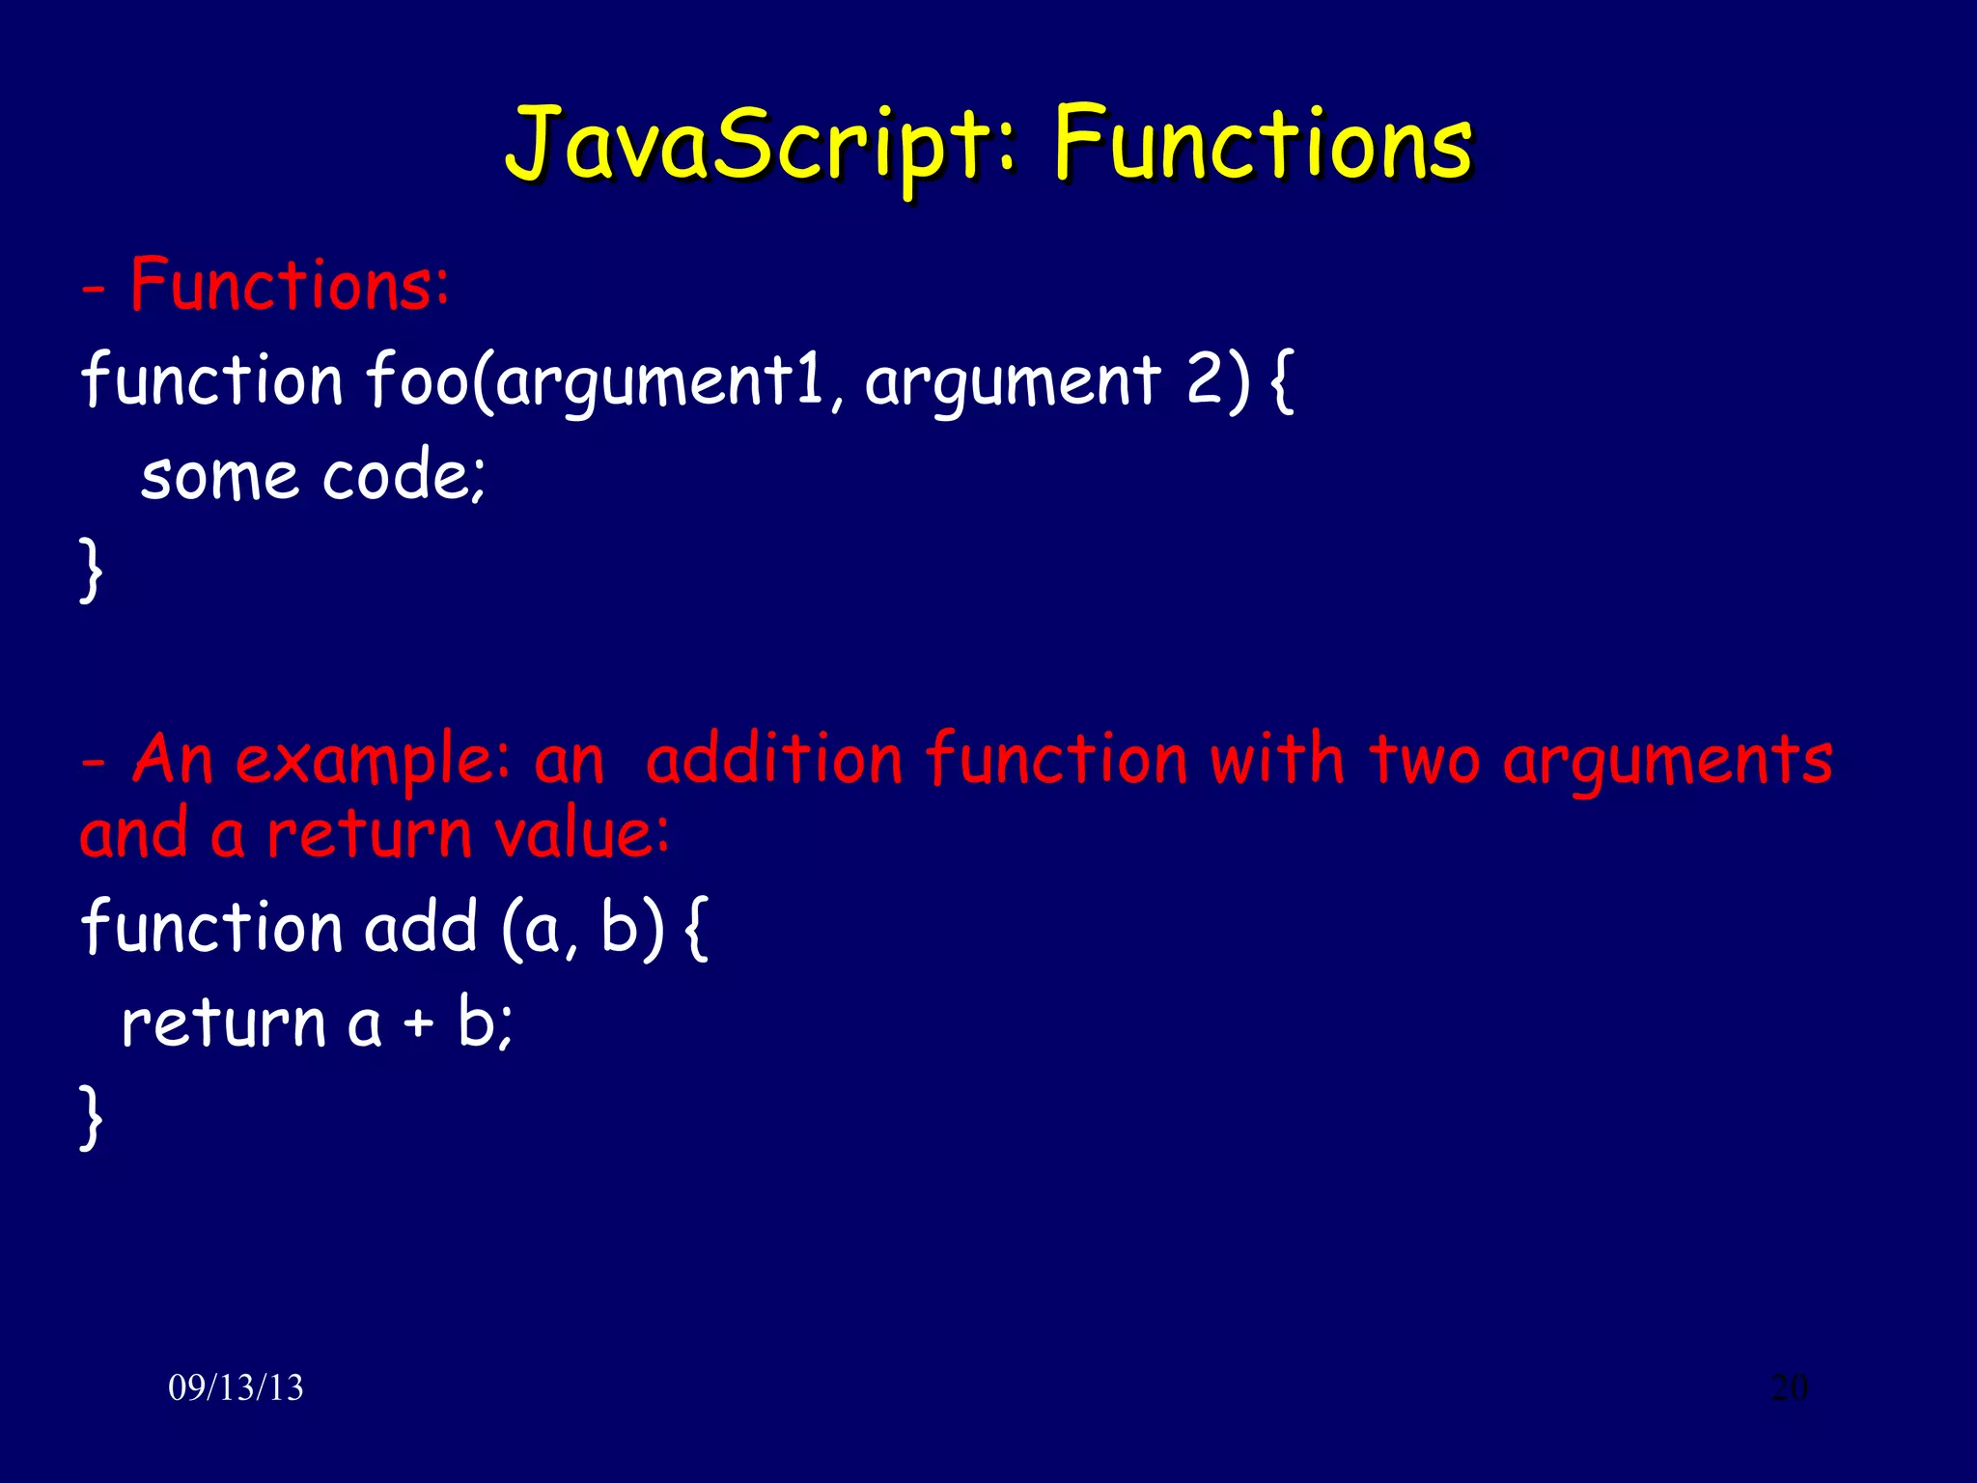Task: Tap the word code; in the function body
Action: [404, 476]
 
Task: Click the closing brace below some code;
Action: [91, 571]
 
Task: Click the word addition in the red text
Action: [773, 759]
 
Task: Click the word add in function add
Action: [421, 927]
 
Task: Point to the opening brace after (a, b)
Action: [697, 927]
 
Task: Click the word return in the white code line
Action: [224, 1023]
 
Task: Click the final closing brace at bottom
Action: [91, 1116]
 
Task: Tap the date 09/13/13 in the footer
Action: [236, 1387]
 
